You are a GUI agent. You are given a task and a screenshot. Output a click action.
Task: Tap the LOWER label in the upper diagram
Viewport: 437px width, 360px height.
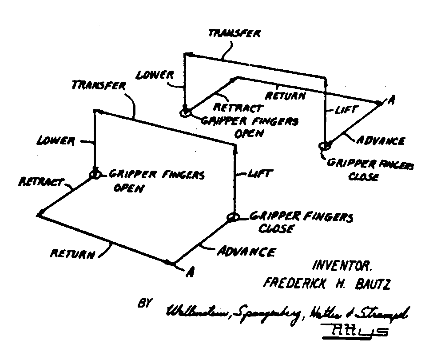[154, 74]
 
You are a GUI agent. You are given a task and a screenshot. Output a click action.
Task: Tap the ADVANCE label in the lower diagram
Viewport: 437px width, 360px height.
[245, 252]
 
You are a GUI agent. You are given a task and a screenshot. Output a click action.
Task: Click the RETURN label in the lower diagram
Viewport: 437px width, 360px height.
[72, 254]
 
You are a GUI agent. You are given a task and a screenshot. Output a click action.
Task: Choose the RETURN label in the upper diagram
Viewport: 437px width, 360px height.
[285, 96]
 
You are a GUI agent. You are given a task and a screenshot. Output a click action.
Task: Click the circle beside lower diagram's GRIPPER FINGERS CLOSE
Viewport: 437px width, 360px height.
[233, 217]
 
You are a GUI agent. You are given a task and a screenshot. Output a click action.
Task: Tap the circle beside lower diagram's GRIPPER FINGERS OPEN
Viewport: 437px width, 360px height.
[95, 174]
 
